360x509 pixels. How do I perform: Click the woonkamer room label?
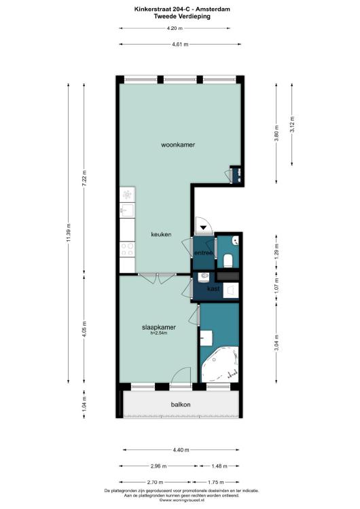(178, 145)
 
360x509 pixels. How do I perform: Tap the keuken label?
(161, 234)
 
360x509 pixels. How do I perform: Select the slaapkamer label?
(159, 327)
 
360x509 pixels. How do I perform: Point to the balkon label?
(181, 404)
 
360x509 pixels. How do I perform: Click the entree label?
(203, 253)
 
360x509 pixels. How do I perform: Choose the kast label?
(213, 288)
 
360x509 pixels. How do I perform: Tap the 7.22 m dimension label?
(84, 178)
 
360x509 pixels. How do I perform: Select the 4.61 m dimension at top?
(180, 45)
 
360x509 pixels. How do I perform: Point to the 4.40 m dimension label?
(181, 450)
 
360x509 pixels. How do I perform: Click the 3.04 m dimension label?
(276, 343)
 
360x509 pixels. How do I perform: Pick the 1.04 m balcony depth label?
(84, 404)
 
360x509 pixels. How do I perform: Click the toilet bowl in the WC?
(228, 261)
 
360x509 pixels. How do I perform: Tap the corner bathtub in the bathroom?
(220, 364)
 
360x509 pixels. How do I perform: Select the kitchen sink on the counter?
(127, 210)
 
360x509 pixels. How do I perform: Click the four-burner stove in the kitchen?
(127, 249)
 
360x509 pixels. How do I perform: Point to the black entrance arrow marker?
(204, 227)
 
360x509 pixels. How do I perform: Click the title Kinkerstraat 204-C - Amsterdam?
(182, 10)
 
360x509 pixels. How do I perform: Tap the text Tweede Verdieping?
(182, 16)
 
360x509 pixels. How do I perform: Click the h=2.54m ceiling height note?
(159, 333)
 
